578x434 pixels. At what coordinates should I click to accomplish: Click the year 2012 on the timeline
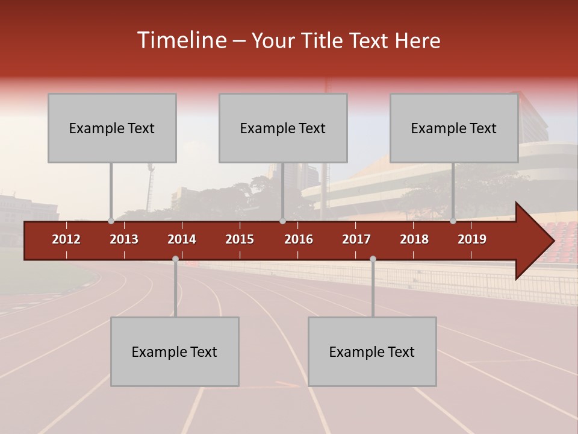coord(66,239)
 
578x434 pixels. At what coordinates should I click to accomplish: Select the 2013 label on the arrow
coord(124,239)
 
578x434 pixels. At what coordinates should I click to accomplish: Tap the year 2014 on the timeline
coord(182,239)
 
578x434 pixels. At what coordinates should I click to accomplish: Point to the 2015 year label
coord(240,239)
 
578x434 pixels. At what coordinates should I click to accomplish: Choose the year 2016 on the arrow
coord(299,239)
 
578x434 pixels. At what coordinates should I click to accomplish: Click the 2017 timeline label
coord(356,239)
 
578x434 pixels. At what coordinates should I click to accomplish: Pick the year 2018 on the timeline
coord(414,239)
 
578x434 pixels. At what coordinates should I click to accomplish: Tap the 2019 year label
coord(472,239)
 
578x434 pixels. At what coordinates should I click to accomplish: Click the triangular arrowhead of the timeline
coord(535,241)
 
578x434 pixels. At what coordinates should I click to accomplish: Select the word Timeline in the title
coord(181,40)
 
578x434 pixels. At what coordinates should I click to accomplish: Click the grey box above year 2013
coord(112,128)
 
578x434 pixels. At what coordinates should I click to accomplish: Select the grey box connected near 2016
coord(283,128)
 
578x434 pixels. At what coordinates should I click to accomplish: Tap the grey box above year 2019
coord(454,128)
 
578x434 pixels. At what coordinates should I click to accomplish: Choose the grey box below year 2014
coord(175,351)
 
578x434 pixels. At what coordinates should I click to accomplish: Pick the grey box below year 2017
coord(372,351)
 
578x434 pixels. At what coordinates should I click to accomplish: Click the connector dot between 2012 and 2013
coord(111,221)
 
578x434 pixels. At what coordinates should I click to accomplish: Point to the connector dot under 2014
coord(175,259)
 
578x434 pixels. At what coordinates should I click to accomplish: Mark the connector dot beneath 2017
coord(373,259)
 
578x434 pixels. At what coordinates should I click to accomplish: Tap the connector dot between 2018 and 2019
coord(453,221)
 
